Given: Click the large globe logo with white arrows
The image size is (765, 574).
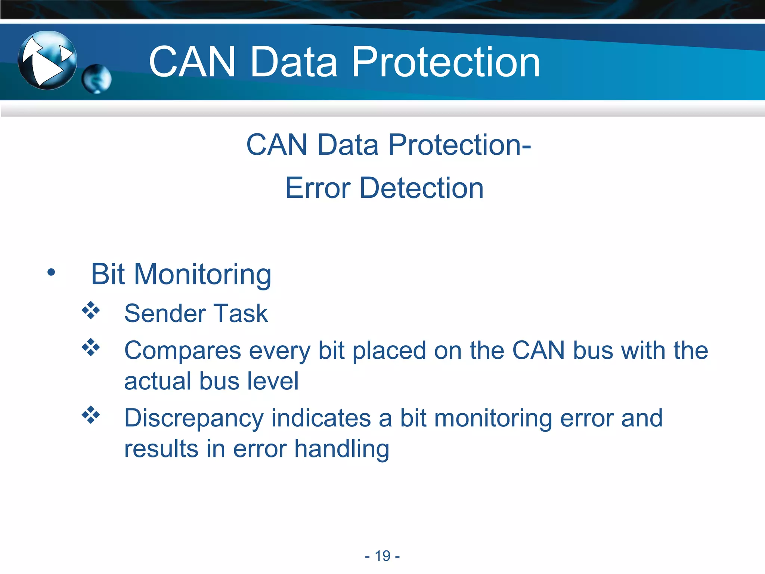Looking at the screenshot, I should (47, 60).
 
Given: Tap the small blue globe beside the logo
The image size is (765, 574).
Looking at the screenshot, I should (96, 79).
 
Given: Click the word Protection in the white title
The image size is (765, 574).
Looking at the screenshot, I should (446, 62).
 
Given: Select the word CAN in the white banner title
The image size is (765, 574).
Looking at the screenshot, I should (192, 62).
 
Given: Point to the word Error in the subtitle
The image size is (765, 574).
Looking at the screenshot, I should (318, 188).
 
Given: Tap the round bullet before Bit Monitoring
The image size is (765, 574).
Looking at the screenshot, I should (51, 272).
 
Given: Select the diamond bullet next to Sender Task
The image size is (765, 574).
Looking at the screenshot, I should (91, 310).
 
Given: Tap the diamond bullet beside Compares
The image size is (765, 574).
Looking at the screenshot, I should (91, 347).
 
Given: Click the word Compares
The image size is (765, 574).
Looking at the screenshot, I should (183, 351).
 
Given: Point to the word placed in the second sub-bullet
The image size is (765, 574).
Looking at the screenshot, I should (389, 351).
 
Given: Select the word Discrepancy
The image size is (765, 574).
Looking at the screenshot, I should (194, 419).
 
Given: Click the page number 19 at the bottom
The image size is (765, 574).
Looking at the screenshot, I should (382, 556).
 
